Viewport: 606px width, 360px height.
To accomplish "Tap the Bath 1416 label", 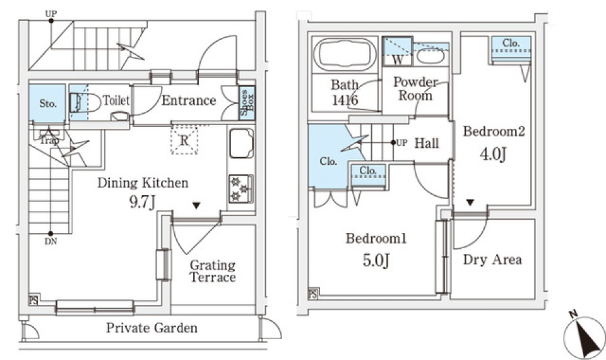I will (345, 92).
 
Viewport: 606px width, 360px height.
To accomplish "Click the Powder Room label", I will (415, 88).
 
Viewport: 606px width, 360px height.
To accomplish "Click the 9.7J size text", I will (143, 203).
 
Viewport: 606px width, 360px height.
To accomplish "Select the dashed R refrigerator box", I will (184, 140).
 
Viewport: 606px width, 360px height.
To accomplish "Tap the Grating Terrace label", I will (213, 271).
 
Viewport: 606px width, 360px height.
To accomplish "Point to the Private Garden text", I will (151, 328).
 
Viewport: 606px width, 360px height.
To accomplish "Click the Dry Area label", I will (492, 260).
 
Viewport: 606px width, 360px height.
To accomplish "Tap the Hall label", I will (427, 143).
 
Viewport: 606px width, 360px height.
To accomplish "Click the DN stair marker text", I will (50, 241).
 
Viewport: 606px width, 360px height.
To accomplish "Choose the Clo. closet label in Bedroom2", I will (511, 43).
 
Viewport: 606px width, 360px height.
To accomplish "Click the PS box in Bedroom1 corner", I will (313, 294).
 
